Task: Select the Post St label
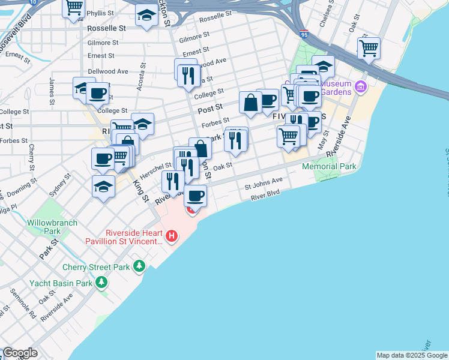click(x=210, y=108)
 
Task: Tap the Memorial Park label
click(x=329, y=167)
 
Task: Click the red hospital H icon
click(x=172, y=237)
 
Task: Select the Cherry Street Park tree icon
click(x=139, y=266)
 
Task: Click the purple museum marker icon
click(x=361, y=88)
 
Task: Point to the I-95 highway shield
click(x=304, y=34)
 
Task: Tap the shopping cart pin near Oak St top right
click(x=369, y=47)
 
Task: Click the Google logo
click(x=19, y=353)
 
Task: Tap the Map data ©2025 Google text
click(x=412, y=355)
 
